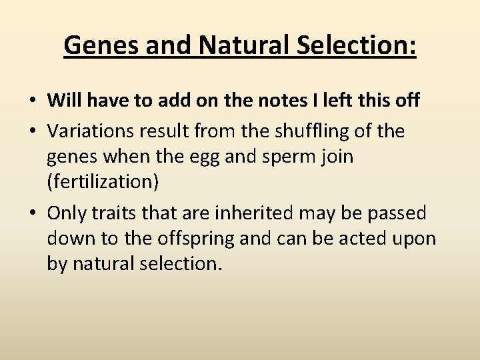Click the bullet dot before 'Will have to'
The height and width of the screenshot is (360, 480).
pos(33,101)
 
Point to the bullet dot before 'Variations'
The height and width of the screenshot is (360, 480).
pos(33,131)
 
